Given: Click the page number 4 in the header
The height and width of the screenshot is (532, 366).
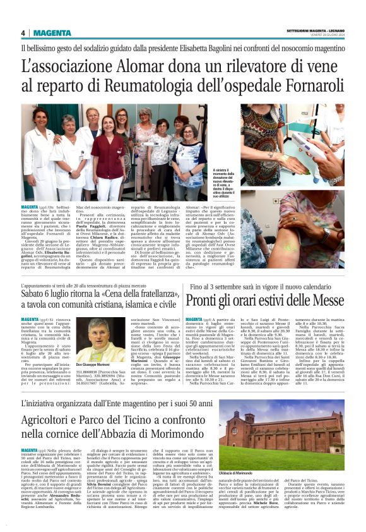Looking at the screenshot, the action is pyautogui.click(x=23, y=33).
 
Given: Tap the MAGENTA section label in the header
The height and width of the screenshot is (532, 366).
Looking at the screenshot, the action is pyautogui.click(x=52, y=33).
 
